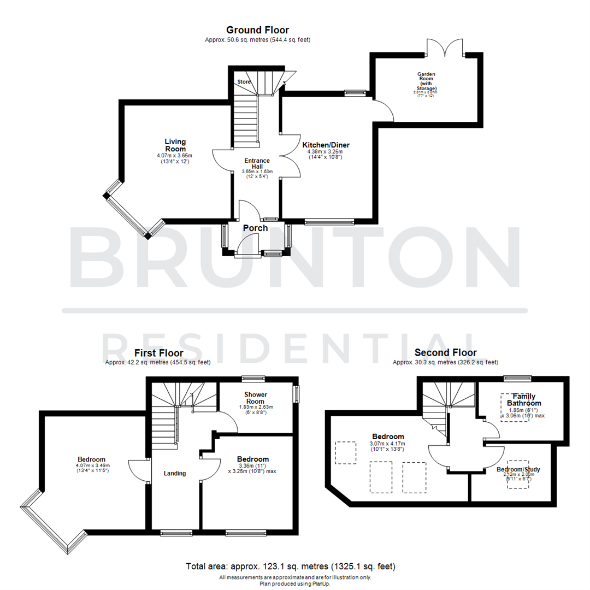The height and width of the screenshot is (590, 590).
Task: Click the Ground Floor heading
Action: point(257,30)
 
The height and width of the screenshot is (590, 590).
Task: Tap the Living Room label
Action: point(175,145)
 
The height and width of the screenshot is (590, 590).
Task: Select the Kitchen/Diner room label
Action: point(326,145)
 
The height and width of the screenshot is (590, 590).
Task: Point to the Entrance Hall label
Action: point(257,163)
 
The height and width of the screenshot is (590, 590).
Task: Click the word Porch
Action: point(255,228)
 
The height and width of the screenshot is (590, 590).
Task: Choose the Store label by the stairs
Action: point(244,81)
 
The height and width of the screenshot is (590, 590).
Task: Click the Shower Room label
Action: point(255,397)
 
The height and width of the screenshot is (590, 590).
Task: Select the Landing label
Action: point(174,473)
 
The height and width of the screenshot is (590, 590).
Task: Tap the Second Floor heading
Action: point(445,353)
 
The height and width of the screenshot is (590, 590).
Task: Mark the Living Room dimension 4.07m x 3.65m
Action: point(175,156)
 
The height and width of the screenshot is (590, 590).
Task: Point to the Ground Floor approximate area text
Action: point(257,40)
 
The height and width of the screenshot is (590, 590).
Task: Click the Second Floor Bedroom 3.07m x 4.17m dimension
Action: point(388,444)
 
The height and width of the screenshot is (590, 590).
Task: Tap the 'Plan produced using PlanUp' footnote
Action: point(295,583)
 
